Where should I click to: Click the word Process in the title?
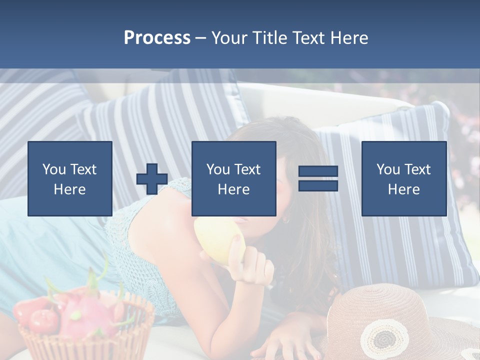click(x=157, y=38)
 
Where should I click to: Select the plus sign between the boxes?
click(x=152, y=179)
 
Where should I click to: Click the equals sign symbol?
click(x=318, y=178)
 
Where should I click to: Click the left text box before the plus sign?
click(x=70, y=178)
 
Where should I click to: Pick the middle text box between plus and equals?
click(x=233, y=178)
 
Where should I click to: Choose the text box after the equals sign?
click(x=403, y=178)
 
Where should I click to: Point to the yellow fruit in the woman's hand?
click(x=220, y=240)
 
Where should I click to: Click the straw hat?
click(x=395, y=320)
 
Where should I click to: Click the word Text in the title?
click(x=308, y=38)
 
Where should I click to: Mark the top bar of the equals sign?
click(x=318, y=171)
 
